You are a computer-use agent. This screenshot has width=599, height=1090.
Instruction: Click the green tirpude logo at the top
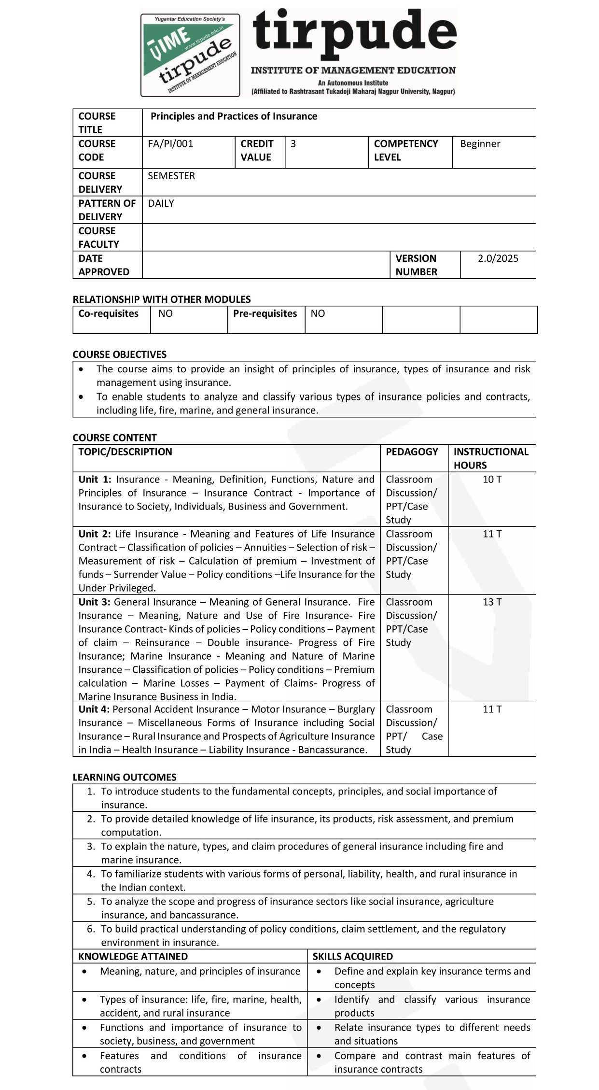click(190, 55)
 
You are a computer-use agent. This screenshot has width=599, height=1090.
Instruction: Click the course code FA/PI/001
click(170, 144)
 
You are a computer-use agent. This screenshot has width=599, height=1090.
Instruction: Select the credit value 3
click(293, 144)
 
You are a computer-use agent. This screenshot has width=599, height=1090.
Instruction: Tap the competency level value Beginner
click(480, 144)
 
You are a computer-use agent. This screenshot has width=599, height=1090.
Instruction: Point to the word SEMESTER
click(171, 176)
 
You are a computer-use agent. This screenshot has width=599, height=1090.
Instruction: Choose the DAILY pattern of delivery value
click(161, 203)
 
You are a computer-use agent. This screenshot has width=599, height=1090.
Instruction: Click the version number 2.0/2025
click(498, 258)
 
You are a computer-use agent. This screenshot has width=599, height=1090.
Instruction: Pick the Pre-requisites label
click(265, 314)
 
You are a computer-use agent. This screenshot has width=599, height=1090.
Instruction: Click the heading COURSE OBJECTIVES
click(119, 354)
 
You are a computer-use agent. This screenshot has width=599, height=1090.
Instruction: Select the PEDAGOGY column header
click(412, 452)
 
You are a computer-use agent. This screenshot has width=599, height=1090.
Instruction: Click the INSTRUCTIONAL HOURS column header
click(490, 458)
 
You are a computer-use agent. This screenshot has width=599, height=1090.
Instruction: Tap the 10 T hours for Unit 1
click(492, 480)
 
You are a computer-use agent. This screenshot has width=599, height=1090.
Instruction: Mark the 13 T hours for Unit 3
click(492, 602)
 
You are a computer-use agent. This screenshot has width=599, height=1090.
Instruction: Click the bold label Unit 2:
click(95, 534)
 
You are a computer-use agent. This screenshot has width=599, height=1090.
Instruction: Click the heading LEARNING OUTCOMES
click(124, 777)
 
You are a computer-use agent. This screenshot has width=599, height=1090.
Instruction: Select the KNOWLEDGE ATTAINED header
click(133, 956)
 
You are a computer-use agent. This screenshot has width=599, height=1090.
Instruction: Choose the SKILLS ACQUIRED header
click(352, 956)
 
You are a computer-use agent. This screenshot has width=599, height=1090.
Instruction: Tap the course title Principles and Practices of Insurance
click(234, 116)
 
